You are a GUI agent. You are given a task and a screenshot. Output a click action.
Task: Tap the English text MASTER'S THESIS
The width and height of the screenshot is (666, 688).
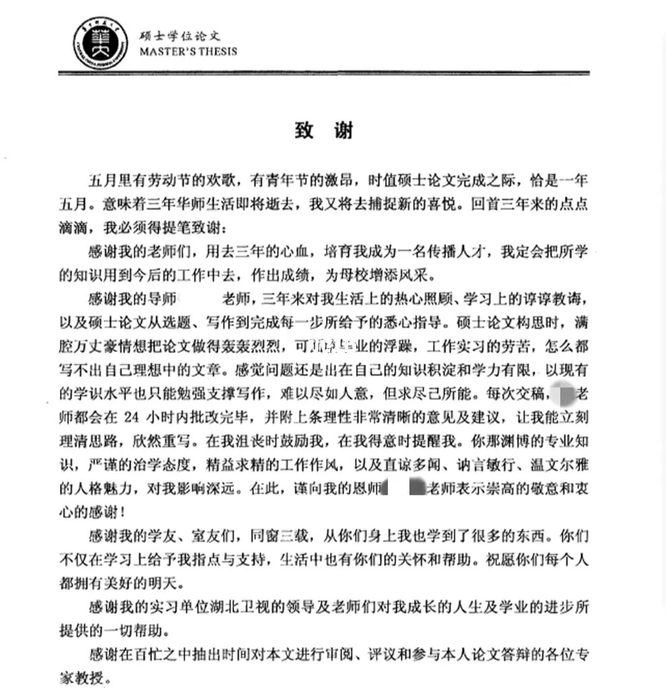(x=188, y=51)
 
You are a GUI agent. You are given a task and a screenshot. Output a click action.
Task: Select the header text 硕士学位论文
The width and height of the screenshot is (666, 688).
(x=178, y=34)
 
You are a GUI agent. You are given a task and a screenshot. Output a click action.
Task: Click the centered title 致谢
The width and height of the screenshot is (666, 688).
(x=324, y=131)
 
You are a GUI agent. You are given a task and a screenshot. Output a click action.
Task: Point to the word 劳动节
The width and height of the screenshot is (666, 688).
(x=171, y=180)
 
